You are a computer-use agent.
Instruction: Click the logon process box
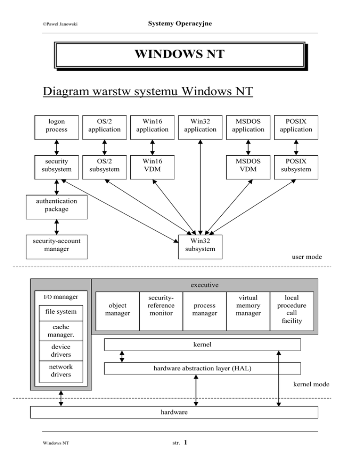[x=57, y=126]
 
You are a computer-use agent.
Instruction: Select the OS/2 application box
[x=105, y=126]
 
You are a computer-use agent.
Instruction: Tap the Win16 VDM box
[x=152, y=166]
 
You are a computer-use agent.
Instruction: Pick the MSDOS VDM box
[x=248, y=166]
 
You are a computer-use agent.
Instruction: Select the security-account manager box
[x=57, y=246]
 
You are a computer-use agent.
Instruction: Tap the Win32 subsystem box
[x=200, y=246]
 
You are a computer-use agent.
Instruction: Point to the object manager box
[x=117, y=309]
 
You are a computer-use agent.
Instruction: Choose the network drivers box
[x=61, y=371]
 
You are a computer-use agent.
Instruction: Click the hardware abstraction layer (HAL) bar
[x=202, y=368]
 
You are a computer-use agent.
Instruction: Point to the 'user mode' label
[x=307, y=257]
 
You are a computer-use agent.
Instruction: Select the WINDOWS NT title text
[x=180, y=55]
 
